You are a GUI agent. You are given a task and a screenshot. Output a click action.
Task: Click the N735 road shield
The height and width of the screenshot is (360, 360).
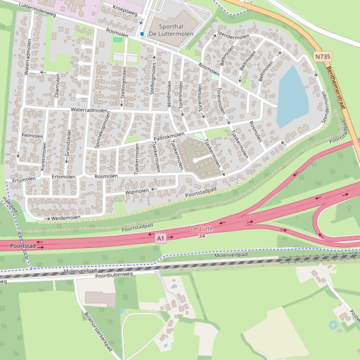[x=323, y=57]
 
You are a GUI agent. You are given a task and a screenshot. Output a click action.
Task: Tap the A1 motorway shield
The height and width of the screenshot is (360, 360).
[x=161, y=238]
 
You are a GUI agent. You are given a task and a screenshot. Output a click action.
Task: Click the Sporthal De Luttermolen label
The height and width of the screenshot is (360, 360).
[x=171, y=30]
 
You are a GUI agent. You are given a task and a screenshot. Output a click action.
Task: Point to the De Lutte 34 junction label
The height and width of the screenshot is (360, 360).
[x=202, y=232]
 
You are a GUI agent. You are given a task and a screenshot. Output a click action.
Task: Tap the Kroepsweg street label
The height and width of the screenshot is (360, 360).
[x=125, y=10]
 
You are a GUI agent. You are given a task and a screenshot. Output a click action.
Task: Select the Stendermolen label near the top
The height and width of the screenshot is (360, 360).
[x=233, y=36]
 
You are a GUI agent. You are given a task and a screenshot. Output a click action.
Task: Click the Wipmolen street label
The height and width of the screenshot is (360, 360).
[x=137, y=192]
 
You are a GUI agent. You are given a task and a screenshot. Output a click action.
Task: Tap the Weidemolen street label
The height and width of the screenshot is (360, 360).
[x=66, y=217]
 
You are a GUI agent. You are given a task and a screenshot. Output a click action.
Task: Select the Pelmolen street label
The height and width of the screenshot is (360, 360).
[x=32, y=136]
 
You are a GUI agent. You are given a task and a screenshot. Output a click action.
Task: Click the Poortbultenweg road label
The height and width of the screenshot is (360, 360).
[x=114, y=276]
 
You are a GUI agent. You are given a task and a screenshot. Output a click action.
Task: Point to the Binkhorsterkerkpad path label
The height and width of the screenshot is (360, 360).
[x=99, y=332]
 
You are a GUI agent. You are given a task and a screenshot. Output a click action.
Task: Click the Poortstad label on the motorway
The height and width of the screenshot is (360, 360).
[x=23, y=245]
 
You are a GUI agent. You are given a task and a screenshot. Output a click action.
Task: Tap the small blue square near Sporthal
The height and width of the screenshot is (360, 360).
[x=142, y=34]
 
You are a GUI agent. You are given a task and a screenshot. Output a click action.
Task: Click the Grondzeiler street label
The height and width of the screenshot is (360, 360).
[x=68, y=143]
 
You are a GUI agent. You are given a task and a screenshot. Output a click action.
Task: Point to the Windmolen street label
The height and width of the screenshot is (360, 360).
[x=169, y=94]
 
